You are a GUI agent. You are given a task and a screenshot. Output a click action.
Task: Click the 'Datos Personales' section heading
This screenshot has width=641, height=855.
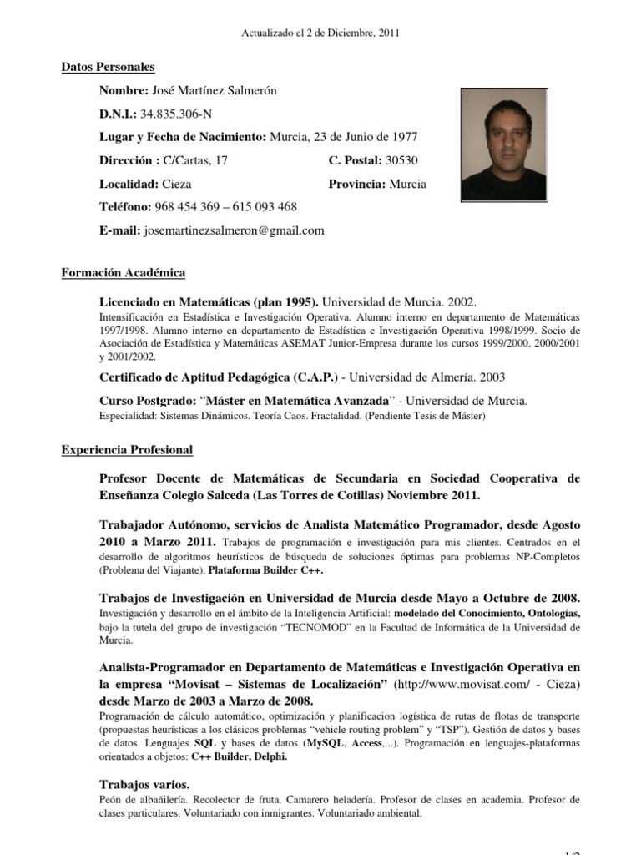(x=108, y=68)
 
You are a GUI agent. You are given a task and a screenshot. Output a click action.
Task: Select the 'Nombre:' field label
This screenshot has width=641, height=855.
(x=124, y=90)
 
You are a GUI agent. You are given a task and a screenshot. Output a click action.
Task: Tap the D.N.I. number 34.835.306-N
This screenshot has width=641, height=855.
(x=176, y=114)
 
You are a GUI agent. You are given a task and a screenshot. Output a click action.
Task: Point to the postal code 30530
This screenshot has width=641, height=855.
(x=402, y=160)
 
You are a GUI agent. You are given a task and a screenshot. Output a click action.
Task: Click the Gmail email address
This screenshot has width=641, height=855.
(x=235, y=230)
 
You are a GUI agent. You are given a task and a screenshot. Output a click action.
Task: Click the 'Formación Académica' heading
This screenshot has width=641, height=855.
(x=124, y=273)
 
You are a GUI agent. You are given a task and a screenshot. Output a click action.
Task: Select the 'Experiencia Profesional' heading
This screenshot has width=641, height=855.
(x=127, y=450)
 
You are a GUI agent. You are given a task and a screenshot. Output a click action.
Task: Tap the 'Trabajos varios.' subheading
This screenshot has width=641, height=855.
(x=144, y=784)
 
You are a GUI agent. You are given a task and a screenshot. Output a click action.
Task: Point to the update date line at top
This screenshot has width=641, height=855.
(x=320, y=33)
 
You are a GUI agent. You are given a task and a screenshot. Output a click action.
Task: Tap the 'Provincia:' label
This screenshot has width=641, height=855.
(x=351, y=184)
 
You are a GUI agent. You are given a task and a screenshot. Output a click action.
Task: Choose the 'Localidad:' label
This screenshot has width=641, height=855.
(x=129, y=184)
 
